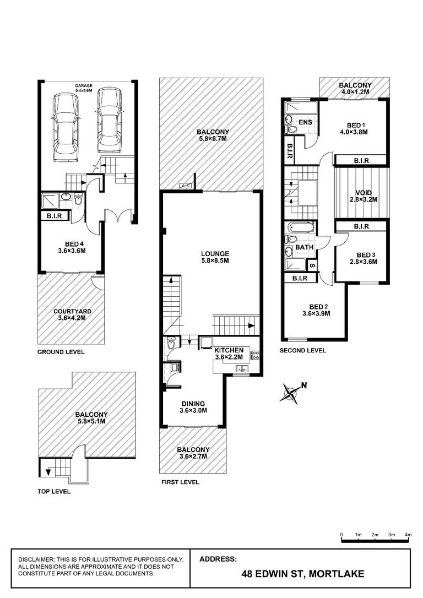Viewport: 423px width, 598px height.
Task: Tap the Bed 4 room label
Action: tap(72, 247)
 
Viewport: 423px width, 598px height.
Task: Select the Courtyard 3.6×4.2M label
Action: tap(72, 314)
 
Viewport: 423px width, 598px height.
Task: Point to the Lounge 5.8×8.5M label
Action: tap(215, 257)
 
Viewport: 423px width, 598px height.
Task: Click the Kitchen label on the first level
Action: tap(229, 350)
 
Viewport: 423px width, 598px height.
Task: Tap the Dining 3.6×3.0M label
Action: tap(193, 407)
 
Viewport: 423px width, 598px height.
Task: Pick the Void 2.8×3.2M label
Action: tap(363, 196)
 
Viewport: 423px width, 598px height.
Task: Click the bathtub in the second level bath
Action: tap(301, 227)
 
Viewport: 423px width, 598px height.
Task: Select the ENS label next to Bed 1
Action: tap(305, 122)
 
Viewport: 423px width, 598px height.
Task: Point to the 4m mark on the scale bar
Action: tap(409, 535)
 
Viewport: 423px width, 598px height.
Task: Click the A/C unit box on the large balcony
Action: tap(186, 186)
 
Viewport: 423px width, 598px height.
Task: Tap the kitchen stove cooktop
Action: tap(255, 356)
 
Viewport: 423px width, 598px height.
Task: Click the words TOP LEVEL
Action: tap(54, 492)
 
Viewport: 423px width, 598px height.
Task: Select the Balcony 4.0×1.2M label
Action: tap(355, 89)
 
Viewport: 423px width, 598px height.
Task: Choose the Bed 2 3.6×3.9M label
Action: tap(316, 310)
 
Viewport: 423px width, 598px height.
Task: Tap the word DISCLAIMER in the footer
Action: tap(36, 559)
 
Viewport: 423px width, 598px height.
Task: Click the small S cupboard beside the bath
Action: tap(312, 265)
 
